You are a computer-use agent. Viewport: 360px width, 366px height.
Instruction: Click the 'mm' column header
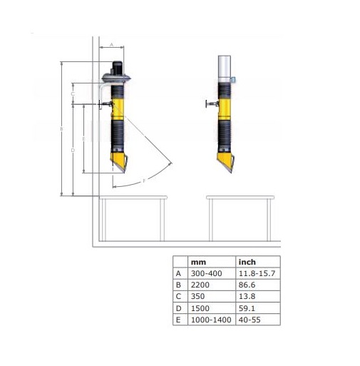tap(198, 263)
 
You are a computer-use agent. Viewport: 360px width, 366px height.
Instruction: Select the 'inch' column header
tap(247, 262)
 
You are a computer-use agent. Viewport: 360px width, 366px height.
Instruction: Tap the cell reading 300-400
tap(206, 273)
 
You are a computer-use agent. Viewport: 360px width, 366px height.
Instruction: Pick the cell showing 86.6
tap(247, 285)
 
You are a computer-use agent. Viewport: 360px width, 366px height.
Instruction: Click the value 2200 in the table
tap(200, 285)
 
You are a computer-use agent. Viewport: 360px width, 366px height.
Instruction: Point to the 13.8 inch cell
tap(247, 296)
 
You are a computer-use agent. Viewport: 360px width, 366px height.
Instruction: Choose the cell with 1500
tap(200, 308)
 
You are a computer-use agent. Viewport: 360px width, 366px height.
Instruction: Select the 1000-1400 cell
tap(211, 320)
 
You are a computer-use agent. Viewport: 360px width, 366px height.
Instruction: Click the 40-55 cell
tap(250, 320)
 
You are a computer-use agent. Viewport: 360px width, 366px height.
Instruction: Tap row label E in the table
tap(178, 320)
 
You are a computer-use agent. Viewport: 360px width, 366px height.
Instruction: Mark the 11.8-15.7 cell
tap(257, 273)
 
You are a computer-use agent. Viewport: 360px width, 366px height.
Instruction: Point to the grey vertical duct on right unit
tap(225, 68)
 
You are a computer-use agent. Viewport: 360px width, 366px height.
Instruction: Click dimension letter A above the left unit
tap(111, 44)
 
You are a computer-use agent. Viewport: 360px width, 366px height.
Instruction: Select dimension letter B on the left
tap(61, 129)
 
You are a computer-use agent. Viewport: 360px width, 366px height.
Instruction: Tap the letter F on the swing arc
tap(144, 181)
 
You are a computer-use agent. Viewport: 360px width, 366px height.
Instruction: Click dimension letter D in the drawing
tap(73, 151)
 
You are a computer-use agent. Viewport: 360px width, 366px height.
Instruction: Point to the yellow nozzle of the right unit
tap(225, 162)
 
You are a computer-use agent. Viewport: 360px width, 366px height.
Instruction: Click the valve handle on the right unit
tap(207, 104)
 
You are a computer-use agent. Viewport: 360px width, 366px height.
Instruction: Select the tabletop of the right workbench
tap(240, 198)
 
